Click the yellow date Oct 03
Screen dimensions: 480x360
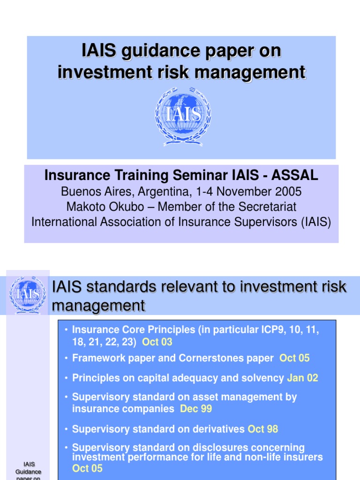(x=157, y=342)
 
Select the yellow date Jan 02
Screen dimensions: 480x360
(x=302, y=378)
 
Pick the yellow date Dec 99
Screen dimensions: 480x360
(x=196, y=409)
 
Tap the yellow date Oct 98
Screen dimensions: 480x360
(x=263, y=429)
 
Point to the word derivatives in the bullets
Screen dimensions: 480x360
(x=217, y=429)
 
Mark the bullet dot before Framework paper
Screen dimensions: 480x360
(x=67, y=359)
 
